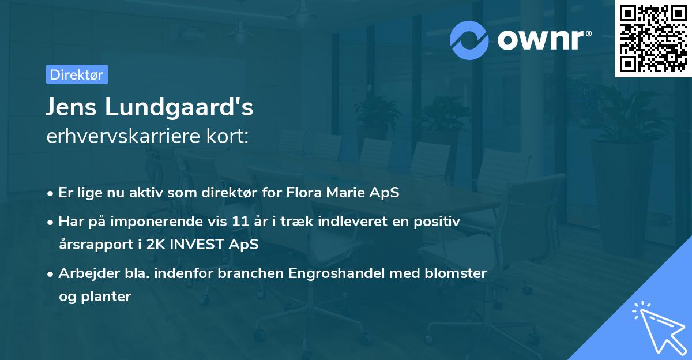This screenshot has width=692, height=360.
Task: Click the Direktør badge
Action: pyautogui.click(x=77, y=74)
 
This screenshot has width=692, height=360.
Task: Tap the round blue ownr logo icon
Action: pyautogui.click(x=469, y=40)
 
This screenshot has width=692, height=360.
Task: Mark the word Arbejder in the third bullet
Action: pyautogui.click(x=84, y=272)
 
